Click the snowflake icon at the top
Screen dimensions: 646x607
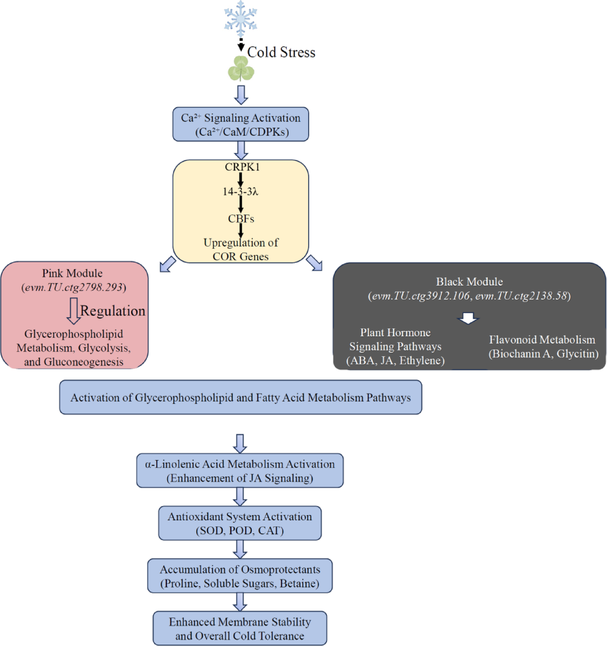[240, 19]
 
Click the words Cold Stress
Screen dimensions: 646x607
[281, 52]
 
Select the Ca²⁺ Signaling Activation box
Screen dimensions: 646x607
[240, 125]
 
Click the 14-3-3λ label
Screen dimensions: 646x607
[240, 192]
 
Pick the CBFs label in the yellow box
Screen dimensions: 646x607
[241, 219]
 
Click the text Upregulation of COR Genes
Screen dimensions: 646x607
[241, 249]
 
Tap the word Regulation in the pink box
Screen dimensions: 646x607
[113, 311]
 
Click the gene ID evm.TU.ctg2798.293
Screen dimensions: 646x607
[74, 287]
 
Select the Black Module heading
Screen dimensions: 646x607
[469, 282]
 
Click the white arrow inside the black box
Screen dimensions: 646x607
[468, 318]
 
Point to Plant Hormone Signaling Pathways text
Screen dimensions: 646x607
[395, 346]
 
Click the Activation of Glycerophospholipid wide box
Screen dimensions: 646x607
[240, 398]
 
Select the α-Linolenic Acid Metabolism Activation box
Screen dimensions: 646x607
[239, 471]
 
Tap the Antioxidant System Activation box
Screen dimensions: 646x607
[239, 524]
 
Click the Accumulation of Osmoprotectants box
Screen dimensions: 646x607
[239, 576]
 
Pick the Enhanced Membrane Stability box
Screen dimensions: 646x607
[239, 629]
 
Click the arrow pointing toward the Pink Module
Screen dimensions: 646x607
[168, 264]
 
